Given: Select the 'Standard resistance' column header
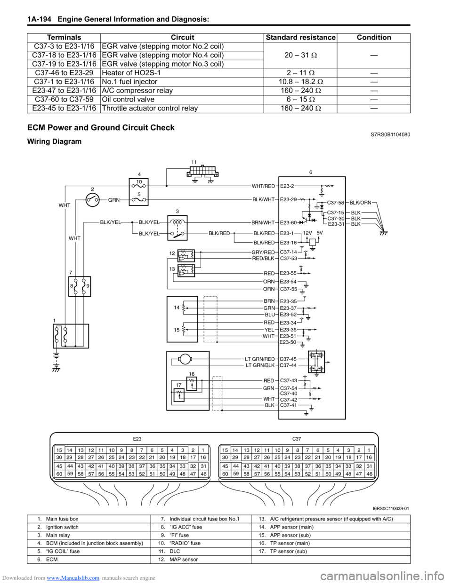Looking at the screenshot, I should [x=300, y=38].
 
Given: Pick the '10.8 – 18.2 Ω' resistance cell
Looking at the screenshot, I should [x=300, y=82].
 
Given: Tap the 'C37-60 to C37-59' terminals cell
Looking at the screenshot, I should [x=64, y=99].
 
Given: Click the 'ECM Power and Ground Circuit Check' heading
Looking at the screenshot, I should [x=101, y=127].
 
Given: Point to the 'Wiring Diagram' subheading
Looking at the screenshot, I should [x=54, y=142].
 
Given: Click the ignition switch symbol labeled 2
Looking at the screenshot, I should [x=93, y=200].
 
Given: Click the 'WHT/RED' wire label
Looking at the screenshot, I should [x=263, y=186].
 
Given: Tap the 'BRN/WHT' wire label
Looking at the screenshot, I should [x=263, y=223].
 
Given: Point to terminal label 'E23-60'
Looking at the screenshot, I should [x=288, y=223].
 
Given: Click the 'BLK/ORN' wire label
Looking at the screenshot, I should [x=361, y=203].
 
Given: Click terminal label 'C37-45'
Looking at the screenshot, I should [x=288, y=359].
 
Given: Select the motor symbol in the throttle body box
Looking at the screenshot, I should [x=184, y=359].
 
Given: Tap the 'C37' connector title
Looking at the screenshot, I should [x=297, y=439].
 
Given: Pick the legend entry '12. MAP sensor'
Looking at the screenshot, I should [x=174, y=560].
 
